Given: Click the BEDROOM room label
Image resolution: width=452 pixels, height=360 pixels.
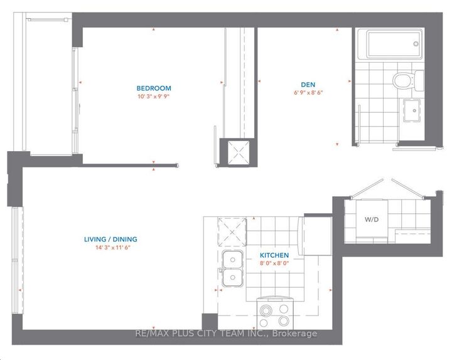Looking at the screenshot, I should (x=154, y=88).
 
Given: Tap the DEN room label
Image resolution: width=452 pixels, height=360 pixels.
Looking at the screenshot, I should (x=308, y=85).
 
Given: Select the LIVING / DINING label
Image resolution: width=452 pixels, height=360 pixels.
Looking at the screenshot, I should (x=110, y=239).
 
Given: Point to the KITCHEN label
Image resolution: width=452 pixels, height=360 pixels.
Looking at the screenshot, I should (x=274, y=255).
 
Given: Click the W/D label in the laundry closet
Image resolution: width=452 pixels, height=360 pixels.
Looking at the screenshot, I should (x=371, y=220).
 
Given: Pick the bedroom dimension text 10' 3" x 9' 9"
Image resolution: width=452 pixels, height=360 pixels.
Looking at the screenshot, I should (x=154, y=97).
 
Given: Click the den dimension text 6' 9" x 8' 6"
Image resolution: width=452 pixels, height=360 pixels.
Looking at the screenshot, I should (x=308, y=93).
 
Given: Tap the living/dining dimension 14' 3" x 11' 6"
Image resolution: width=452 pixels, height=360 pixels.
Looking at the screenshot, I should (x=110, y=248).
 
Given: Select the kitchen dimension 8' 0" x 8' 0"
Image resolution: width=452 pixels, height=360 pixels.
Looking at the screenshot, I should (x=274, y=264).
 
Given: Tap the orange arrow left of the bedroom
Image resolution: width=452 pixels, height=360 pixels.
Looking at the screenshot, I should (x=81, y=82).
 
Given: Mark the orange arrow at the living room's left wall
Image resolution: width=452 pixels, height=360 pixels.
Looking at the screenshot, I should (x=21, y=290).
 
